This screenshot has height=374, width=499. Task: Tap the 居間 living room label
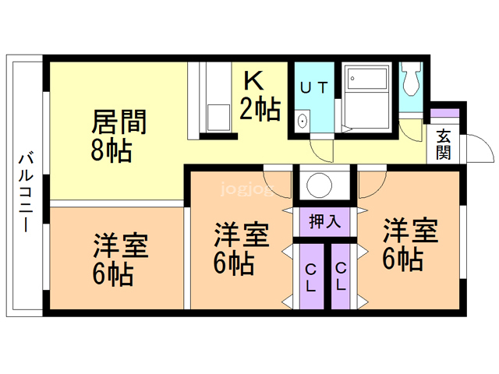pyautogui.click(x=119, y=123)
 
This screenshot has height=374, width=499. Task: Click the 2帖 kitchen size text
pyautogui.click(x=260, y=110)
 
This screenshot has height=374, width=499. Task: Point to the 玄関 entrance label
pyautogui.click(x=443, y=145)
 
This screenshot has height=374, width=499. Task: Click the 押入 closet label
pyautogui.click(x=324, y=221)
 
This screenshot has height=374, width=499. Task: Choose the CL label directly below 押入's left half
pyautogui.click(x=311, y=277)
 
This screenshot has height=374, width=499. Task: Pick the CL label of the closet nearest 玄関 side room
pyautogui.click(x=341, y=277)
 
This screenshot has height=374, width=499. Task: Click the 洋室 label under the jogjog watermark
pyautogui.click(x=242, y=234)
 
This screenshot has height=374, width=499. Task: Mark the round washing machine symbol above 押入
pyautogui.click(x=320, y=185)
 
